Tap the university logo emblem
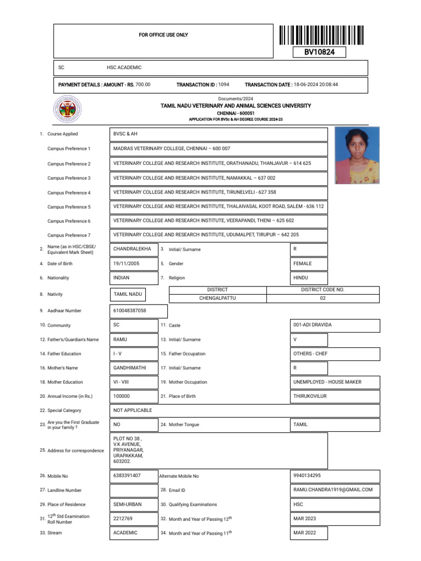tap(67, 110)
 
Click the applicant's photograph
tap(357, 156)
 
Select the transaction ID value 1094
tap(224, 84)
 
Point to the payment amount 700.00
tap(143, 84)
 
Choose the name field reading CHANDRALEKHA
tap(132, 249)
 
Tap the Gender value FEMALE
tap(303, 264)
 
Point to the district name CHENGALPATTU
tap(217, 299)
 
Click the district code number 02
tap(322, 299)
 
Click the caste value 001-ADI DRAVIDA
tap(312, 325)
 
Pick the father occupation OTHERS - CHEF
tap(310, 354)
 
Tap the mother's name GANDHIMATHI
tap(130, 368)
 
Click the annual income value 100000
tap(122, 396)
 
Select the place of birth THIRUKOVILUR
tap(311, 396)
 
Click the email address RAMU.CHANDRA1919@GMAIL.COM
tap(333, 490)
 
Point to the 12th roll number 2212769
tap(123, 518)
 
